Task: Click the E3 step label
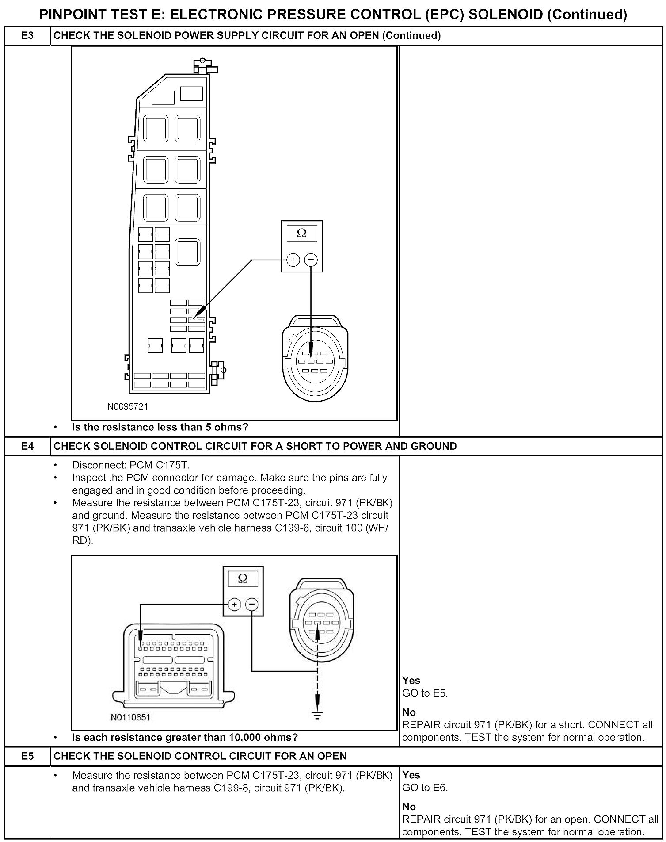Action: point(27,35)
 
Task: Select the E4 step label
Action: point(27,446)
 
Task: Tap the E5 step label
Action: point(27,756)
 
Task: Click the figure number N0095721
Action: point(128,406)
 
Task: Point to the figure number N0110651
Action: point(130,717)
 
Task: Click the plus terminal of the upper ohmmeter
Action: point(293,260)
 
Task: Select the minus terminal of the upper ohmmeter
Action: point(311,260)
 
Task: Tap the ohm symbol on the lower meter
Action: point(243,578)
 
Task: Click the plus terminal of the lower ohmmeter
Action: point(234,604)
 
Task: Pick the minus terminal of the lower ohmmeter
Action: point(252,604)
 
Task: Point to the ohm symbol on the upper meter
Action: point(302,233)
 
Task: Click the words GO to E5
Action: point(425,693)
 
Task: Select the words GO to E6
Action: point(425,788)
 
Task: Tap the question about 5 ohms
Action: point(160,427)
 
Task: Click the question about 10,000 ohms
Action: point(185,737)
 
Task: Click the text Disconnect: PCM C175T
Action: point(131,465)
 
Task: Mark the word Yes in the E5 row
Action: point(411,775)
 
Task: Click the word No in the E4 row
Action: point(409,712)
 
